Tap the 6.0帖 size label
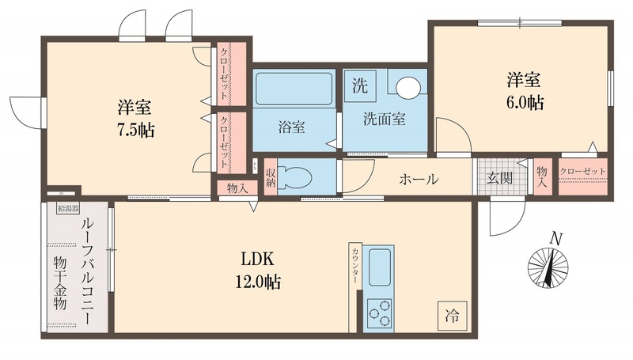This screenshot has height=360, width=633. point(524,102)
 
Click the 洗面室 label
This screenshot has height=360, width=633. point(385,120)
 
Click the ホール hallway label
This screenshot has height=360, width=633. point(419,179)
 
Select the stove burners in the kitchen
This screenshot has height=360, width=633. point(380,311)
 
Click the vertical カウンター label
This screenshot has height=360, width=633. point(355,265)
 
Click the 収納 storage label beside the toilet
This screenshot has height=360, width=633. point(271,177)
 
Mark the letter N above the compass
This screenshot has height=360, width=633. point(556,238)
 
